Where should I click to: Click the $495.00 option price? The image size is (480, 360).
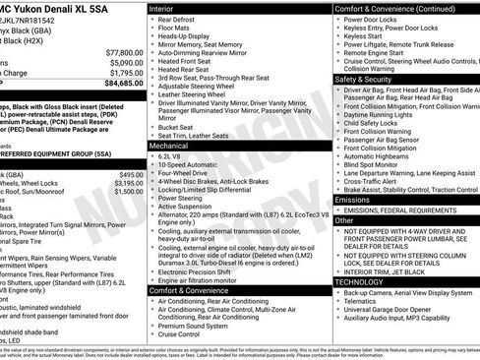131,174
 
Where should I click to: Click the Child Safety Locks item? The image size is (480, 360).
374,121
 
